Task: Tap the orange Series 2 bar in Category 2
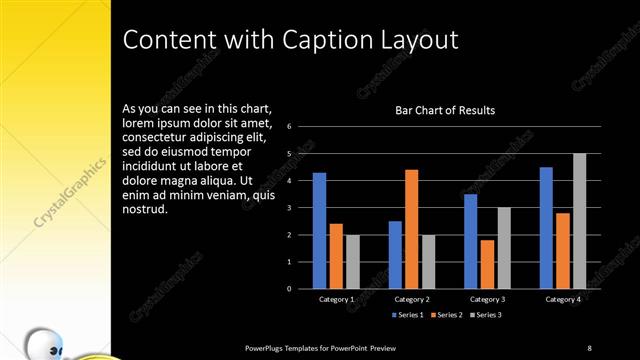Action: click(411, 229)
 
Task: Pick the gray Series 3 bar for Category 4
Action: click(579, 221)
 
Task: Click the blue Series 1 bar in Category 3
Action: click(470, 241)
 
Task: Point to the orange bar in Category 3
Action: click(487, 264)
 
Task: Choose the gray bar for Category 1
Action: click(353, 262)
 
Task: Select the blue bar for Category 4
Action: click(546, 228)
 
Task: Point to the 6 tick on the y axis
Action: click(288, 127)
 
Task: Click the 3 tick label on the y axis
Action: click(288, 208)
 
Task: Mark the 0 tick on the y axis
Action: click(288, 289)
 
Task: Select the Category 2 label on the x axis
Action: click(412, 299)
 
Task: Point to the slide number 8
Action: click(589, 347)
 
